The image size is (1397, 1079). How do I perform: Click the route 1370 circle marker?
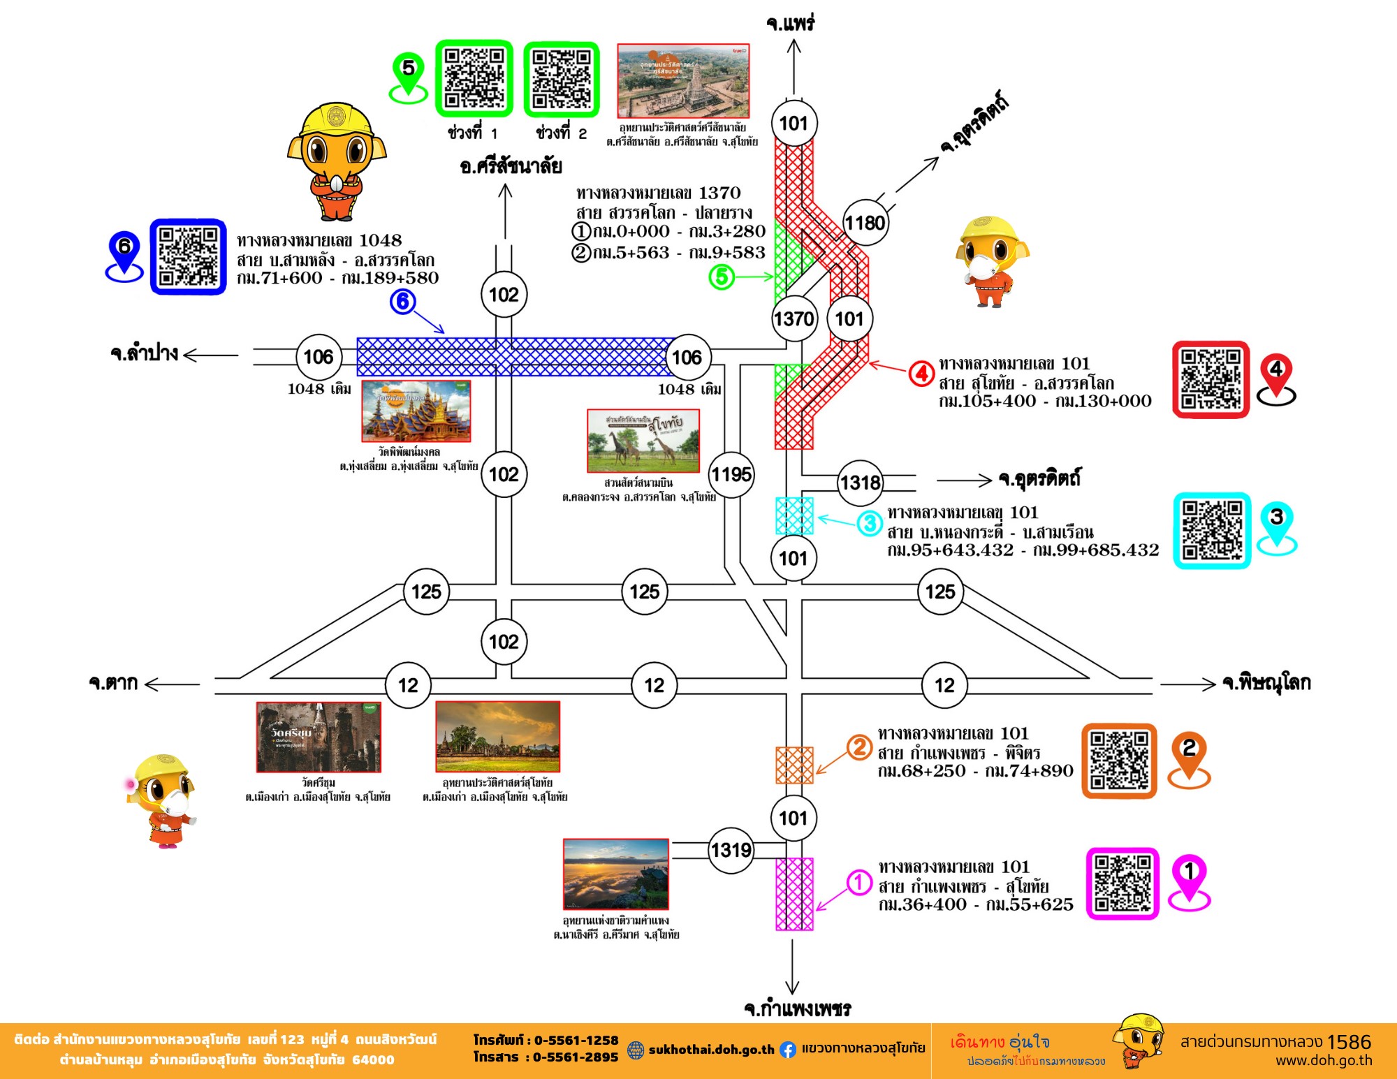pos(793,319)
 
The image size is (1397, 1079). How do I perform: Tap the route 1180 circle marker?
pos(865,223)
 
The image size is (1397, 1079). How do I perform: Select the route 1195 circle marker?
pos(731,475)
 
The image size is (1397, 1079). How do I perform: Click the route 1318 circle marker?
pos(860,483)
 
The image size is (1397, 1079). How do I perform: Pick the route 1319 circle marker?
pos(731,850)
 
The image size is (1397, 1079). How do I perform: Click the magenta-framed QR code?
pos(1122,883)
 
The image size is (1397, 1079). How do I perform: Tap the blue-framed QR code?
pos(188,257)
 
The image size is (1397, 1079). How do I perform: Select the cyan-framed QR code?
pos(1212,530)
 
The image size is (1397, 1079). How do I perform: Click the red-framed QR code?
pos(1211,380)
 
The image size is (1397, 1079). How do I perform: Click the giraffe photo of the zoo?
pos(643,441)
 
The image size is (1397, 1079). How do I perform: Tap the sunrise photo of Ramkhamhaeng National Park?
pos(615,874)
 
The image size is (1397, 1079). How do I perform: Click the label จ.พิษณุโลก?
pos(1266,682)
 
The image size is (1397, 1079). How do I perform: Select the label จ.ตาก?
pos(113,682)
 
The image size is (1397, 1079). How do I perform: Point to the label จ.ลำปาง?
pos(144,353)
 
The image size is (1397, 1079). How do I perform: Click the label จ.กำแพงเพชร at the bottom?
pos(797,1008)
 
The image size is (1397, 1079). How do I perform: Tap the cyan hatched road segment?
pos(794,515)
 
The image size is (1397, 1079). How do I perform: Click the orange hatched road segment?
pos(794,765)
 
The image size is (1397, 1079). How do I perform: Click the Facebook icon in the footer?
pos(787,1049)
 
